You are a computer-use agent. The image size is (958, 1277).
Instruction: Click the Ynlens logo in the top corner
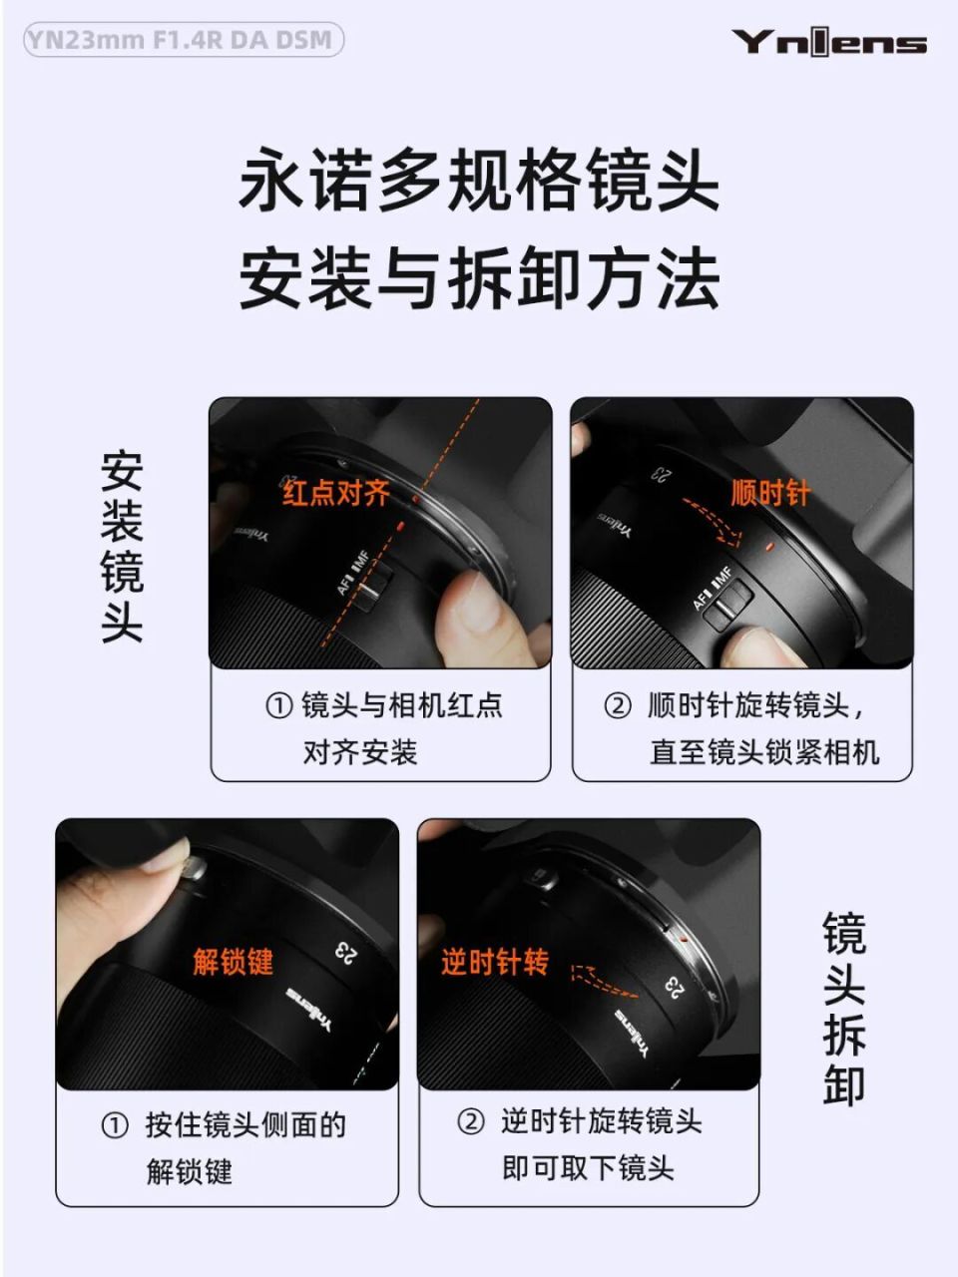click(828, 43)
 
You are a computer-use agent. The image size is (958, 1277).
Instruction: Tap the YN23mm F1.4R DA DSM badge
click(183, 41)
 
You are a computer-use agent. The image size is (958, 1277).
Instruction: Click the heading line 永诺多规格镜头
click(479, 181)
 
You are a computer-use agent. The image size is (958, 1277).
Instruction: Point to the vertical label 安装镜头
click(122, 547)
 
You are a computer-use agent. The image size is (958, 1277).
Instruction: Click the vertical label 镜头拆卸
click(844, 1008)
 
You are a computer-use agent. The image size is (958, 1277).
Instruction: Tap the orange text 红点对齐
click(336, 493)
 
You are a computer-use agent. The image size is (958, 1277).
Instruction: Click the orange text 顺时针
click(770, 493)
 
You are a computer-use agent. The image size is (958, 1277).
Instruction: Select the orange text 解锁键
click(233, 962)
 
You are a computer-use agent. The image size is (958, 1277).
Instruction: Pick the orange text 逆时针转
click(495, 962)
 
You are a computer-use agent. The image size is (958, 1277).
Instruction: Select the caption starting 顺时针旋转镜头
click(743, 728)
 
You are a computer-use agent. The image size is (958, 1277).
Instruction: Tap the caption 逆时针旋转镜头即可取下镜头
click(589, 1144)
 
